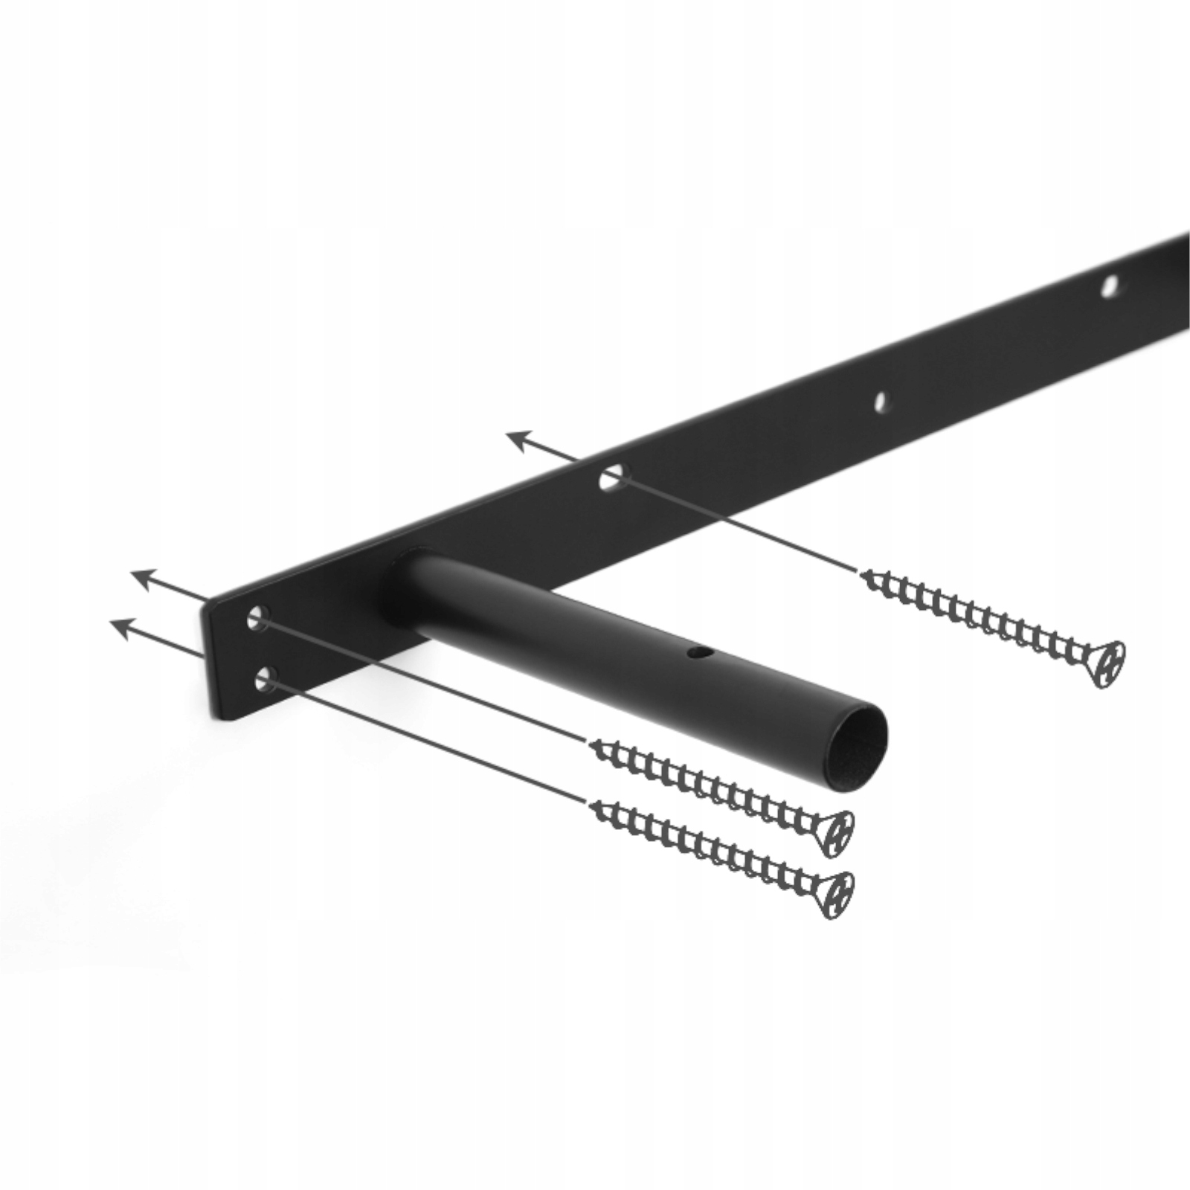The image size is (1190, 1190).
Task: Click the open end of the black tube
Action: coord(861,736)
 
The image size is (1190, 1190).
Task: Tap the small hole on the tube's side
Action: coord(696,653)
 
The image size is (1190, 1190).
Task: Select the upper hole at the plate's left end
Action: coord(257,617)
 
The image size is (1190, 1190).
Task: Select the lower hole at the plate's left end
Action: coord(265,678)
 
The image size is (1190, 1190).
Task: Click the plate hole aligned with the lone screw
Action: coord(612,477)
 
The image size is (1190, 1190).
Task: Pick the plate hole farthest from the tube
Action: coord(1109,286)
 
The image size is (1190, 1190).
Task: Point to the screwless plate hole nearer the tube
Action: coord(881,402)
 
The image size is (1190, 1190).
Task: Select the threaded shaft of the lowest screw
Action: coord(707,846)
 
